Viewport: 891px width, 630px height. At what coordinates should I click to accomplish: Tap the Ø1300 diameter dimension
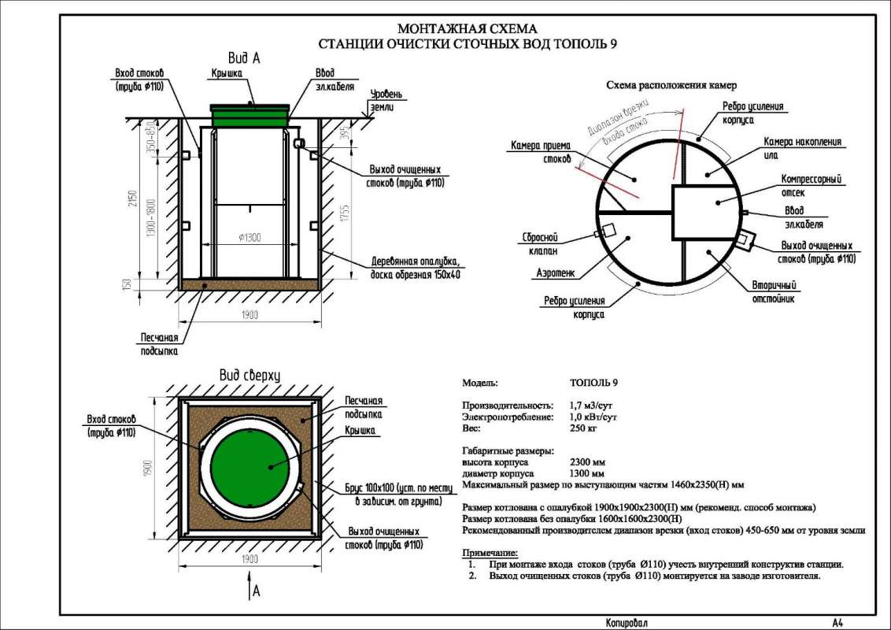[250, 238]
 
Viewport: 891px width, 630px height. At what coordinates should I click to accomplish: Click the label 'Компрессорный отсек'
[808, 185]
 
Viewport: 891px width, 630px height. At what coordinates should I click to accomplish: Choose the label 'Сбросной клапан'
[540, 243]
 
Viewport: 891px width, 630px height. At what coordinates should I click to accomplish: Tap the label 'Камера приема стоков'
[535, 152]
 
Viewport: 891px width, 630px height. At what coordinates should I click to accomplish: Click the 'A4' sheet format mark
[837, 623]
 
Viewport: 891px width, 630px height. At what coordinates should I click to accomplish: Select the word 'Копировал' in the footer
[627, 623]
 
